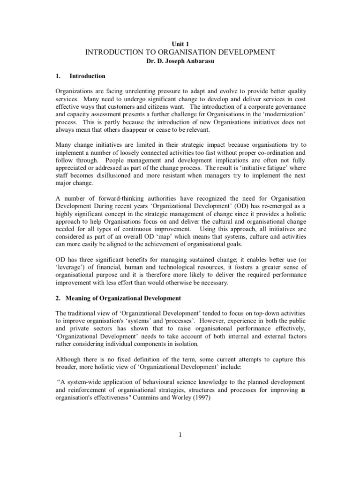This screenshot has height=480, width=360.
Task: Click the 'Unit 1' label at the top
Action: pos(180,43)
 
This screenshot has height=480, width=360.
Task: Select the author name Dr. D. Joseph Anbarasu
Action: pos(180,62)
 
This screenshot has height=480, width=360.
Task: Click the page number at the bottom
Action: pos(180,435)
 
